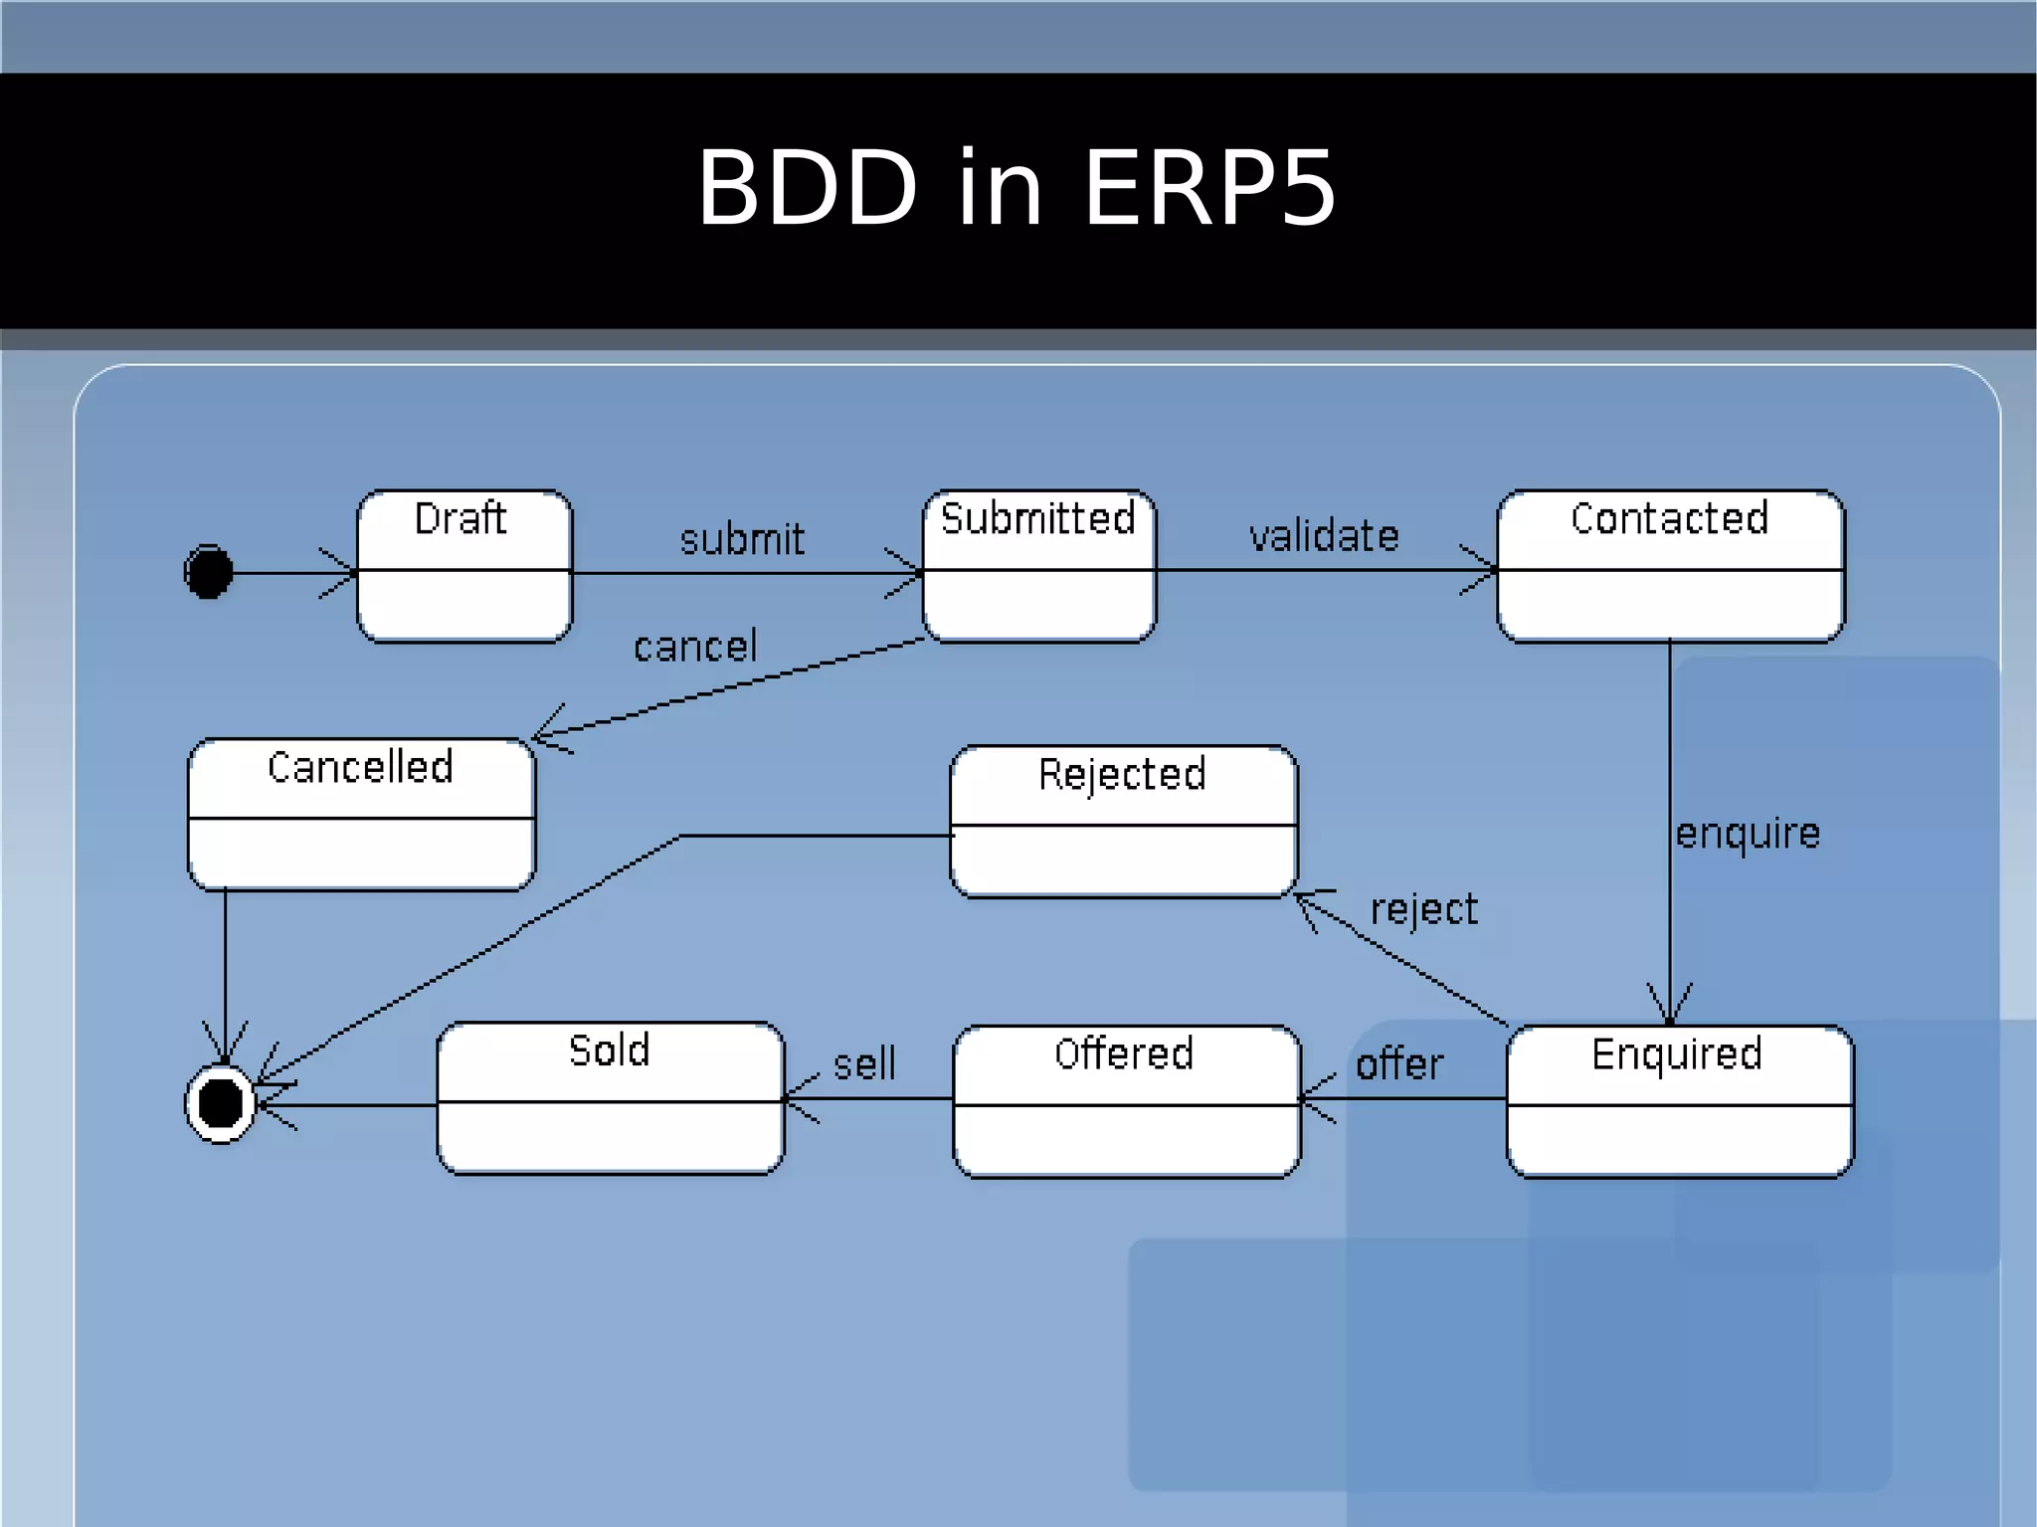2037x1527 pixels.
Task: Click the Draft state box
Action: pyautogui.click(x=464, y=566)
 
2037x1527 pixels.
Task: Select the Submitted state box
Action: pyautogui.click(x=1038, y=566)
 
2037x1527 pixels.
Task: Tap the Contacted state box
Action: pyautogui.click(x=1670, y=566)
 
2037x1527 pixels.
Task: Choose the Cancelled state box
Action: pyautogui.click(x=361, y=814)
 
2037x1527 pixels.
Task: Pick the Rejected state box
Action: pyautogui.click(x=1123, y=822)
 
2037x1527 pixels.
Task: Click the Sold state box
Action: pyautogui.click(x=610, y=1098)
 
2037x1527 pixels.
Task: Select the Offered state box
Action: pyautogui.click(x=1126, y=1101)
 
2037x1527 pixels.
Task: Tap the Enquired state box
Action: pyautogui.click(x=1679, y=1101)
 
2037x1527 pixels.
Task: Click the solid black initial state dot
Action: pyautogui.click(x=209, y=572)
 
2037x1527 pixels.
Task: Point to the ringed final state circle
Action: pyautogui.click(x=221, y=1103)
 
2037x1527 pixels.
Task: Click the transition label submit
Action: pyautogui.click(x=742, y=539)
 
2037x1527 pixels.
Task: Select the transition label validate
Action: pyautogui.click(x=1324, y=536)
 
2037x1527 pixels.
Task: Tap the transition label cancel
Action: pyautogui.click(x=695, y=647)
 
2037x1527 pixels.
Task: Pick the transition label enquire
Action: pyautogui.click(x=1748, y=834)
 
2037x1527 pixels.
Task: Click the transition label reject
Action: pyautogui.click(x=1423, y=909)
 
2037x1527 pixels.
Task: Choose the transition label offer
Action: pyautogui.click(x=1399, y=1064)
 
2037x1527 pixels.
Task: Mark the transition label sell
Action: pyautogui.click(x=864, y=1064)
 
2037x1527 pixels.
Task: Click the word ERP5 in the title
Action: pyautogui.click(x=1208, y=188)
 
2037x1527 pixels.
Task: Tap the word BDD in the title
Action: pyautogui.click(x=807, y=188)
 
